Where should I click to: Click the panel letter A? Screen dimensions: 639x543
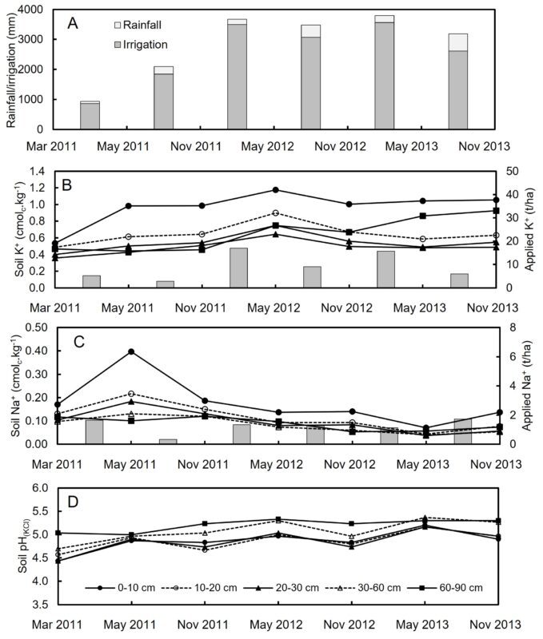tap(71, 22)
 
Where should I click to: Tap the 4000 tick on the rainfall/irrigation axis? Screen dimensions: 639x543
tap(34, 10)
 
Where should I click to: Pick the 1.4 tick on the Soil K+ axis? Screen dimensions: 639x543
tap(40, 171)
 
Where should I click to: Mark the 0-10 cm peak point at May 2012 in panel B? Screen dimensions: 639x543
tap(275, 189)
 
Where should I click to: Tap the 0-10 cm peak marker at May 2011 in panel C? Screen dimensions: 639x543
tap(130, 351)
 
